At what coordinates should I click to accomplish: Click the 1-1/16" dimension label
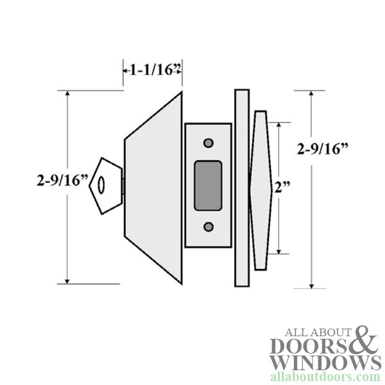point(153,70)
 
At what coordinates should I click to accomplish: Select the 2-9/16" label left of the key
point(62,181)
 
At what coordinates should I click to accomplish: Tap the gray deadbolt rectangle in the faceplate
point(207,185)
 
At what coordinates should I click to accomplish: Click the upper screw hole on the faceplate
point(207,142)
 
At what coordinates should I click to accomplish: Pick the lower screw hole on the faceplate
point(207,227)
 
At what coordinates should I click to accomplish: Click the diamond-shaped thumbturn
point(261,190)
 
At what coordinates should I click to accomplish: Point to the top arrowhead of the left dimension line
point(67,94)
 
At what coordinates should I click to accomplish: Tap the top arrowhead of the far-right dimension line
point(312,94)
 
